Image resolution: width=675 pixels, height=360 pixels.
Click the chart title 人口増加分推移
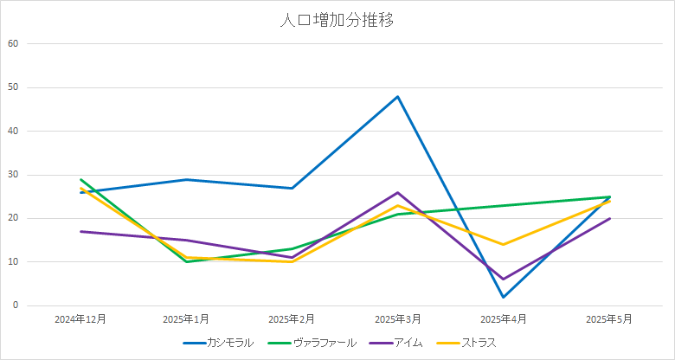337,21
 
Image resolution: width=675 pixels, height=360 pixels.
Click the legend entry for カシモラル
229,343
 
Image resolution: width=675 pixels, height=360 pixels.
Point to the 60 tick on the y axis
13,43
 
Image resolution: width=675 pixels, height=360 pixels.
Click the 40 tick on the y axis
13,131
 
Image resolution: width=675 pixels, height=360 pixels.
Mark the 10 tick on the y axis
13,262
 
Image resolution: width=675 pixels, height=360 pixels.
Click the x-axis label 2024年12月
80,319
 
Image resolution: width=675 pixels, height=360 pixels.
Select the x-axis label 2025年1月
186,319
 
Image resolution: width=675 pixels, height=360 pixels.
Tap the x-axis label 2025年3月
398,319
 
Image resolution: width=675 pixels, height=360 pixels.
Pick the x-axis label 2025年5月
610,319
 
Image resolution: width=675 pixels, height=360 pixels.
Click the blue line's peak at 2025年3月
398,96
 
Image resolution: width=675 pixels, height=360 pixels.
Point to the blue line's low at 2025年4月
504,297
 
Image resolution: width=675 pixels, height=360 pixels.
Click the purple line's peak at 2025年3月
398,192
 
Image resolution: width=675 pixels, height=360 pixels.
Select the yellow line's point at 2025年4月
504,244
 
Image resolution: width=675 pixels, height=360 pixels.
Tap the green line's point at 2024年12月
80,179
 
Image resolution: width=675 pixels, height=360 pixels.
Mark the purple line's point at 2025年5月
610,218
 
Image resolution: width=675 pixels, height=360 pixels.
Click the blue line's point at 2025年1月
186,179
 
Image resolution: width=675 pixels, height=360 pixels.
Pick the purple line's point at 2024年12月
80,231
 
